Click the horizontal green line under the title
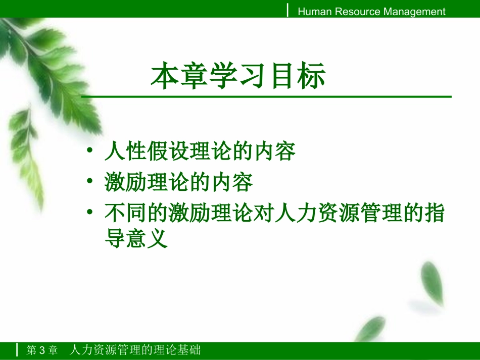[x=266, y=96]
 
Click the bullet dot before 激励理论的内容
[x=89, y=182]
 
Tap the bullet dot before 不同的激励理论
[x=89, y=213]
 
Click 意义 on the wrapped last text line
[x=147, y=238]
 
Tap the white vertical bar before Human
[x=288, y=11]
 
